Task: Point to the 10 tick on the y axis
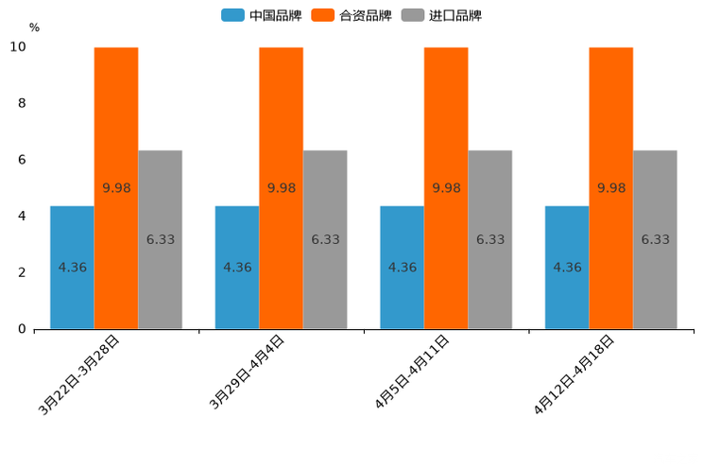(x=18, y=47)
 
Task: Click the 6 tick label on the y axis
(x=22, y=160)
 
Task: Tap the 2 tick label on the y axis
(x=22, y=272)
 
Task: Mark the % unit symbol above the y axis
(x=34, y=27)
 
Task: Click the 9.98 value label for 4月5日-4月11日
(x=446, y=188)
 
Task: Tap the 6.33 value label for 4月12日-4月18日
(x=655, y=239)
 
